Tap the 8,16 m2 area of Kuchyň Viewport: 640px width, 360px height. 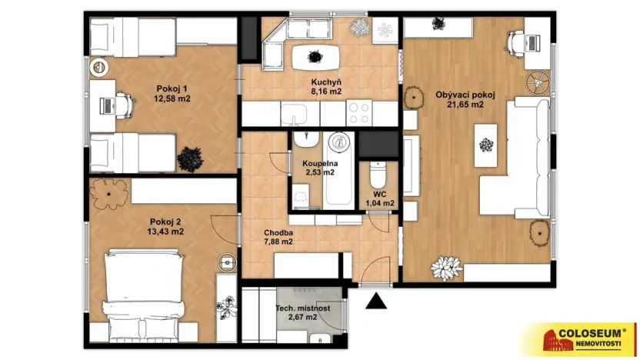(326, 91)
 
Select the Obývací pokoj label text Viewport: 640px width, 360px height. (465, 95)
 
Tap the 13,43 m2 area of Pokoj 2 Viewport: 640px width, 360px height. (166, 231)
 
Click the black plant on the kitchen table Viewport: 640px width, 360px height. (314, 56)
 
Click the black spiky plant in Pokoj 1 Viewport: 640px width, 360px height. (189, 158)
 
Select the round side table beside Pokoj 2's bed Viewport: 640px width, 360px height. (227, 262)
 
